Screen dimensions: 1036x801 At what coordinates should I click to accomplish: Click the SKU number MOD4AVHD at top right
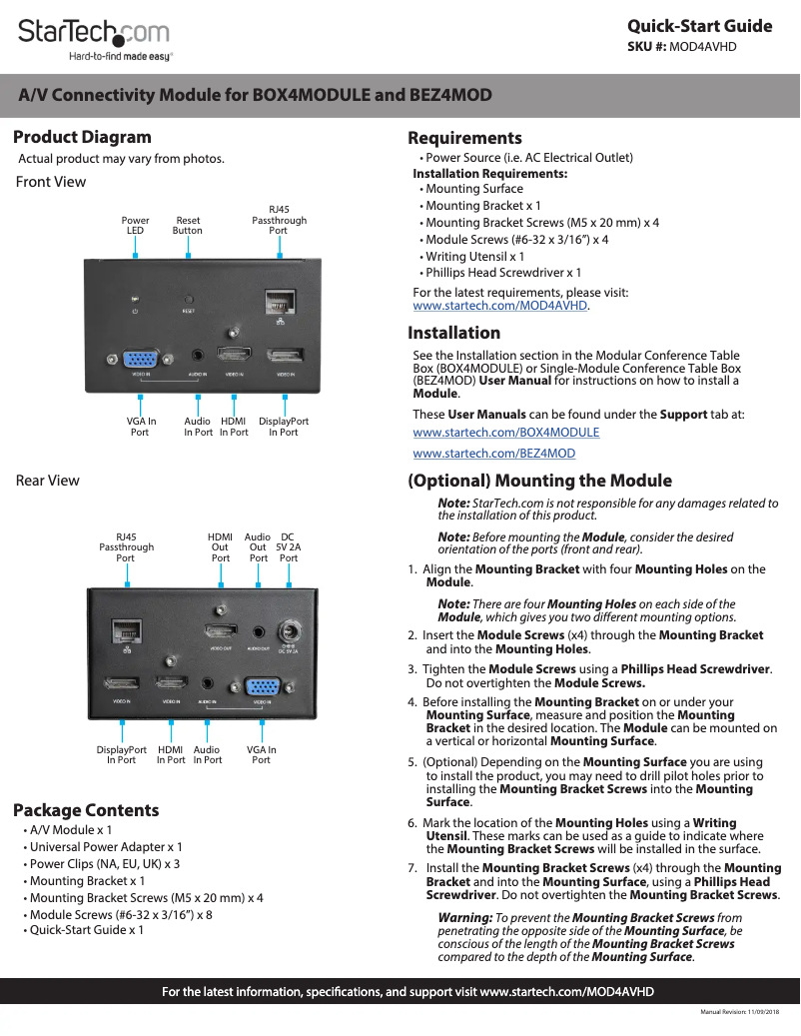point(702,46)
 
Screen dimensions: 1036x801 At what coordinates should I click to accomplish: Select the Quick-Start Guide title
point(699,26)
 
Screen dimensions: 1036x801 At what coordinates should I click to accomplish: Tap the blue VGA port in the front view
point(139,359)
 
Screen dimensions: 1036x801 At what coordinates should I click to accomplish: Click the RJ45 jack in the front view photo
point(278,301)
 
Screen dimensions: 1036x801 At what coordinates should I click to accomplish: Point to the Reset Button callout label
point(187,225)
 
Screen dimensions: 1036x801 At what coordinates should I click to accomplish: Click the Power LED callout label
point(135,225)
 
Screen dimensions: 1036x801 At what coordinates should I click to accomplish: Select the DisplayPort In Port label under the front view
point(284,427)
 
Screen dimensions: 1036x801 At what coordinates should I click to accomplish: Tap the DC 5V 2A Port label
point(289,547)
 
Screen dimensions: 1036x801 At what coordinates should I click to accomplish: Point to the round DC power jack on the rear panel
point(292,631)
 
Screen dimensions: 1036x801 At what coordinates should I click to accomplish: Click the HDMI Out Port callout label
point(220,547)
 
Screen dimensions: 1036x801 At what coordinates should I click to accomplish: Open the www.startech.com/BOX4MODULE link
point(505,433)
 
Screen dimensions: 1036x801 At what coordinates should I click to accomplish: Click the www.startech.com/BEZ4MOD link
point(493,454)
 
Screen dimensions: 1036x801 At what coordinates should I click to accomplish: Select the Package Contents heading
point(86,810)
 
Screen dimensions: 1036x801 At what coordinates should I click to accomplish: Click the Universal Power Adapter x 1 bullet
point(106,846)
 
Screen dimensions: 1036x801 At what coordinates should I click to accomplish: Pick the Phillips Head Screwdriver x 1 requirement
point(503,272)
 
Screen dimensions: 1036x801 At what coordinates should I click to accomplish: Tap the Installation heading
point(454,333)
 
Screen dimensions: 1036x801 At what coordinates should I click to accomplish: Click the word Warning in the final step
point(465,917)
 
